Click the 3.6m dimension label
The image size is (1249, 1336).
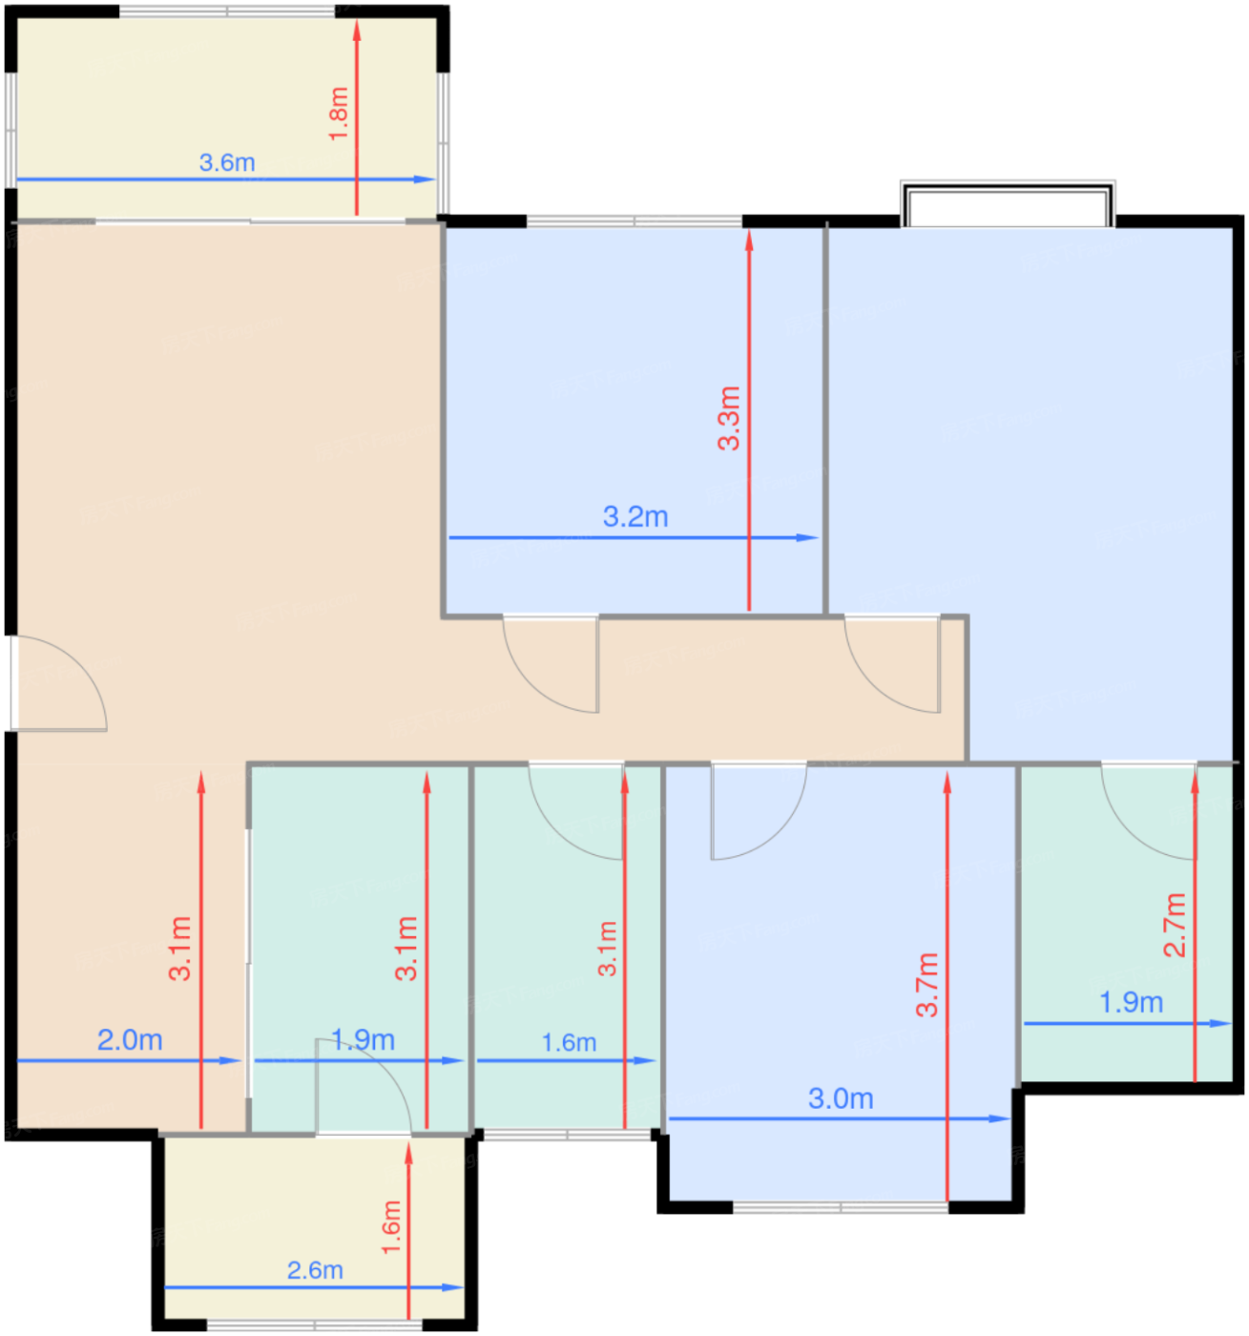(227, 163)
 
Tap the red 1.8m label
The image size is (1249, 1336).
(339, 114)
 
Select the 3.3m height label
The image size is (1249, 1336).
(729, 418)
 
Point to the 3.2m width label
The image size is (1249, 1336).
(635, 516)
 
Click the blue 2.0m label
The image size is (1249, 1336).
(130, 1040)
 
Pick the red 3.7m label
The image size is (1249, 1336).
(927, 985)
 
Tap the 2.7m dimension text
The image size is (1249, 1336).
(1175, 925)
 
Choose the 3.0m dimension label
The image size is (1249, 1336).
(841, 1098)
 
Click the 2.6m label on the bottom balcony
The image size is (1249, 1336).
(315, 1271)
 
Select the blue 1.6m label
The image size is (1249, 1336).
(569, 1043)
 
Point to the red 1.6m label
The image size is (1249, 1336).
(391, 1228)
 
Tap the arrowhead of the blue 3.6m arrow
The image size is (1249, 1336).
(424, 179)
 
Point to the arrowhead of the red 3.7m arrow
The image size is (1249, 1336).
(947, 783)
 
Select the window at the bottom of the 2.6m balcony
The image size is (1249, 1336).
(315, 1325)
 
